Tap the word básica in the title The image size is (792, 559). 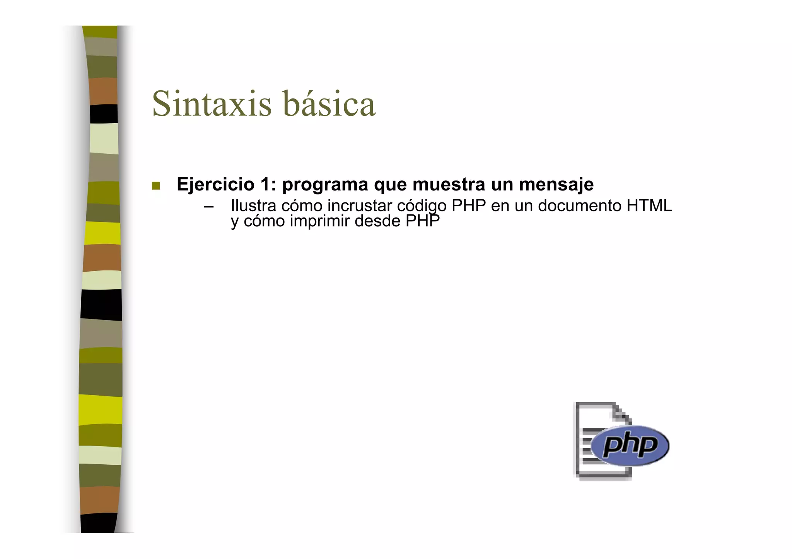(329, 104)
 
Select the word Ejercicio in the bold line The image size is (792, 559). (215, 184)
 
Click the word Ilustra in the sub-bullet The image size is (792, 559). (253, 206)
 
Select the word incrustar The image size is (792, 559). (360, 206)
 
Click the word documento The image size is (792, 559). (579, 206)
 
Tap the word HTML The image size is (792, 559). (649, 206)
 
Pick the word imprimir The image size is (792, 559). (319, 222)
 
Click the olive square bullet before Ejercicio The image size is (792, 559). (156, 186)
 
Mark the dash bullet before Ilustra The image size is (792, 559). (209, 206)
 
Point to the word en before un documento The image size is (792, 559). (500, 206)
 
